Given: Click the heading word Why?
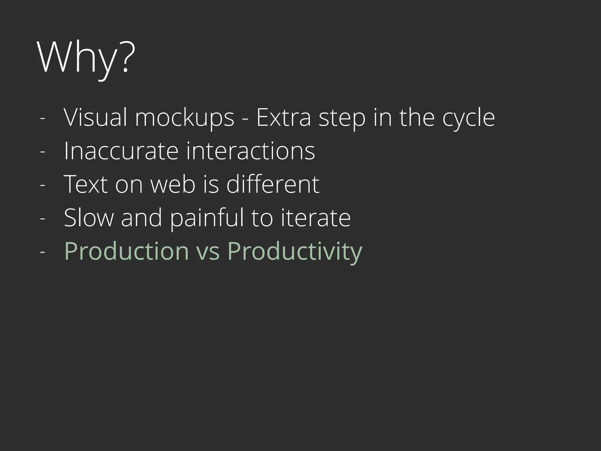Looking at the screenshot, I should [86, 58].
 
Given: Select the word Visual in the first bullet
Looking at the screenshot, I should [95, 117].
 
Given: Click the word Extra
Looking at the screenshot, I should [283, 117].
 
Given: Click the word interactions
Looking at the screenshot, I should [250, 151].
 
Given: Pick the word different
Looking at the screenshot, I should [273, 184].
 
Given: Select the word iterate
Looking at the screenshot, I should [316, 218].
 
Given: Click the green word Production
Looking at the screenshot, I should [126, 251].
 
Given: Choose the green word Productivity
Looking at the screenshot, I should [295, 252].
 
